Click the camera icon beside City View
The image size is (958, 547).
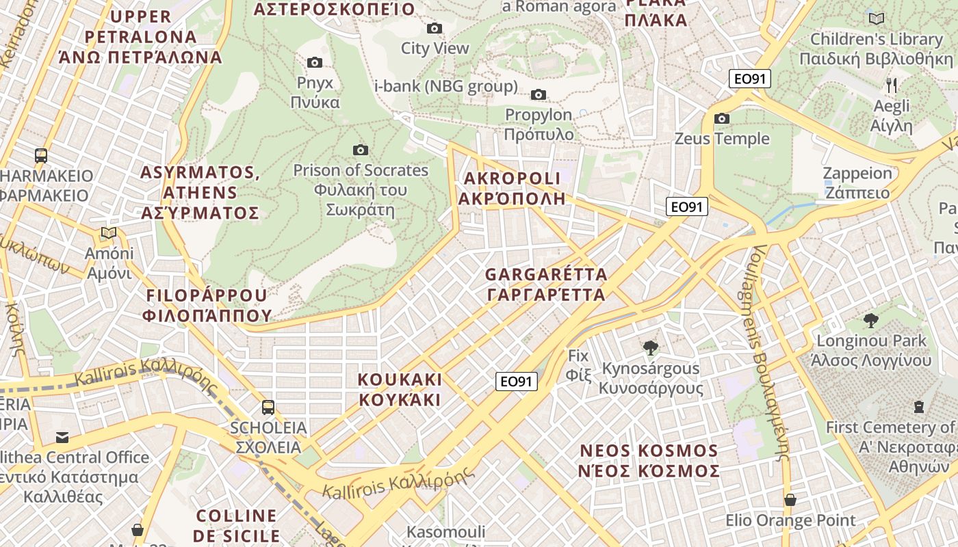coord(435,29)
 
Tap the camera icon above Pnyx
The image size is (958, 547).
coord(315,63)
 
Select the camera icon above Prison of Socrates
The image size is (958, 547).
coord(361,150)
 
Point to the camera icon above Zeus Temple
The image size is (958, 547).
coord(722,119)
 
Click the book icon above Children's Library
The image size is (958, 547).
coord(876,18)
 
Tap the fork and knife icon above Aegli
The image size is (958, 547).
coord(891,85)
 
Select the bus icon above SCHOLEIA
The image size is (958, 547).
coord(268,408)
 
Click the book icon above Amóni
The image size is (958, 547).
coord(109,233)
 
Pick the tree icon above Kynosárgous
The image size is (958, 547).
coord(651,349)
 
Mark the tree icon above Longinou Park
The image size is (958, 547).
coord(871,320)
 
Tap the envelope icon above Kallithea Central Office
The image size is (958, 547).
coord(62,437)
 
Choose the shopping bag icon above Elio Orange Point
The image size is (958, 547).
coord(790,501)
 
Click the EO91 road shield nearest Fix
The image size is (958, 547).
coord(517,382)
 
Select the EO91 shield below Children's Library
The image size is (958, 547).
coord(749,79)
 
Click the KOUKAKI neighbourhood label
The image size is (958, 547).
coord(400,390)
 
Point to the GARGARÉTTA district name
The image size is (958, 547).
coord(546,284)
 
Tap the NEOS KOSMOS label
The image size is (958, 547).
coord(649,461)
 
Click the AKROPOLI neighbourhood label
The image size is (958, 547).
coord(513,189)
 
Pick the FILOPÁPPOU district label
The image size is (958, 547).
coord(207,305)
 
